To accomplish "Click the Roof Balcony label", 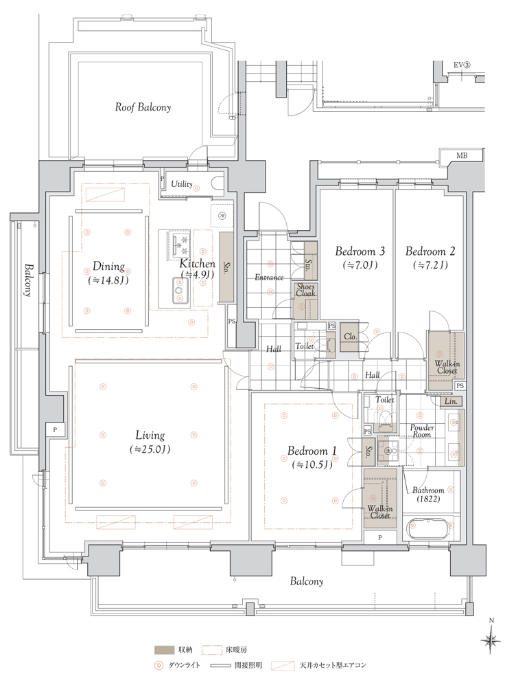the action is [143, 107].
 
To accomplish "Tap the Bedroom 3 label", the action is [360, 251].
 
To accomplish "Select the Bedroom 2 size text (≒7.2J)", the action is [430, 265].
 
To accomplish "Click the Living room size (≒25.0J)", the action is [150, 449].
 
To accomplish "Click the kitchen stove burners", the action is [180, 245].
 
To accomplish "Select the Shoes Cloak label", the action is [305, 290].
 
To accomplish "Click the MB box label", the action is [461, 155].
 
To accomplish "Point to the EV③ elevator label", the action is [461, 65].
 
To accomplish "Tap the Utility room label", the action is [182, 184].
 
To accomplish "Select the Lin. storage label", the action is [451, 401].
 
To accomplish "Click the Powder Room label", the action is [422, 431].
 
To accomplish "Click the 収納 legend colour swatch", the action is [163, 649].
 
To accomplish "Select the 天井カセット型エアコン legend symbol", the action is [282, 666].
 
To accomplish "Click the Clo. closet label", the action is [350, 337].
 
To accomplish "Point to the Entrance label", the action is [269, 278].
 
